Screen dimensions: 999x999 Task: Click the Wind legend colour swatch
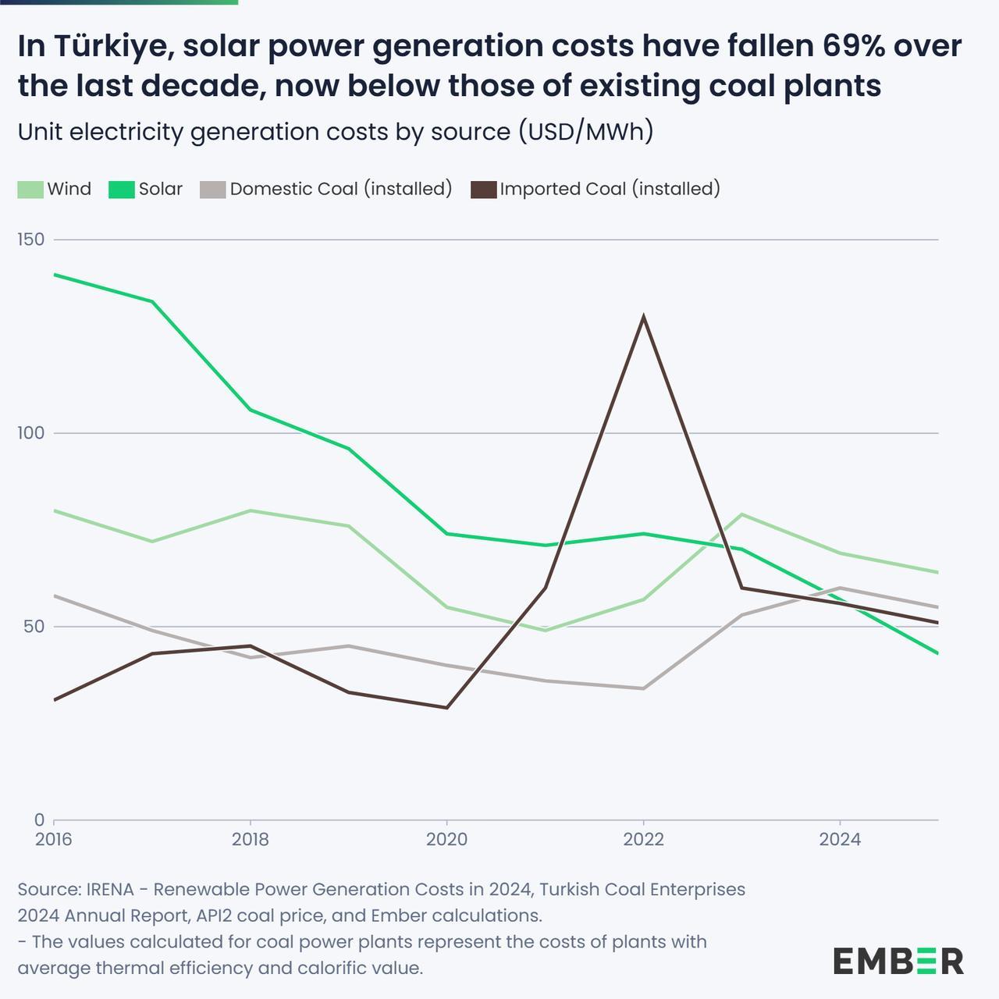(30, 190)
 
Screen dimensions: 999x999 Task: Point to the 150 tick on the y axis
(31, 240)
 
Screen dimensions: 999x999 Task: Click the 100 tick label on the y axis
(31, 433)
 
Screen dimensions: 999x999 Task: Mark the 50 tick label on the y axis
(34, 627)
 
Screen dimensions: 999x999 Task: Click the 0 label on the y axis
(39, 820)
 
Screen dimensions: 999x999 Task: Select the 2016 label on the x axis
(54, 840)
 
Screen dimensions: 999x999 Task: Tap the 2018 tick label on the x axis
(251, 840)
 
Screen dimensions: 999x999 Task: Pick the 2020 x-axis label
(446, 840)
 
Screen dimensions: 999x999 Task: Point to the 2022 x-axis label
(643, 840)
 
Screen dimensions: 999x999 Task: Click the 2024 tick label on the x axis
(840, 840)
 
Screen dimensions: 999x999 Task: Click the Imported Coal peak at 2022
(643, 317)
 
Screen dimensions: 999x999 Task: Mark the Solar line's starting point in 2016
(55, 275)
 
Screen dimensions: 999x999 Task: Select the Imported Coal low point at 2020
(446, 707)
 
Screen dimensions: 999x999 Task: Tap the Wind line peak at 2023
(741, 515)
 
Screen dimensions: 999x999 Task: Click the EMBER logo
(898, 961)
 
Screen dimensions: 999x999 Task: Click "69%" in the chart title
(863, 47)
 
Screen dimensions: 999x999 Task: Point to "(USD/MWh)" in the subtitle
(585, 132)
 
